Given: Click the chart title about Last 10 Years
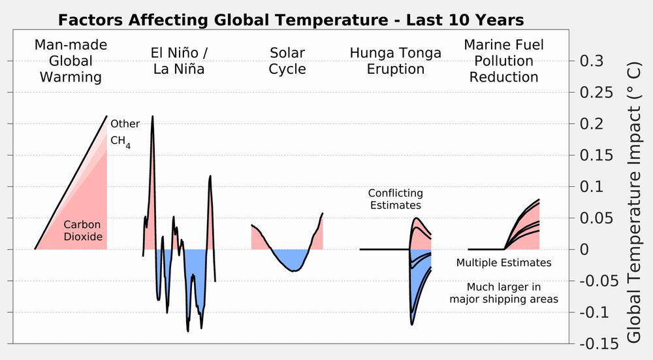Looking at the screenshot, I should pos(291,20).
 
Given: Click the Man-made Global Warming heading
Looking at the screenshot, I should pos(71,61).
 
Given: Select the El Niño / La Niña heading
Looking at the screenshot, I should pos(179,60).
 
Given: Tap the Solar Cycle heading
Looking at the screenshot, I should pos(287,60).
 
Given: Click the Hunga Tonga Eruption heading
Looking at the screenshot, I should pos(396,60).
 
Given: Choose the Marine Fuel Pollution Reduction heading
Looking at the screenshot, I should pos(503,61).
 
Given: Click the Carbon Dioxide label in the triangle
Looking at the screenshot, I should pos(83,231).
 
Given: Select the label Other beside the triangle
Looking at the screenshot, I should pos(125,123).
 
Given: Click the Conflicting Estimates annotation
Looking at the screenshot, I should pos(395,199).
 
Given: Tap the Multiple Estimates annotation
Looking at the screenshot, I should pos(503,263).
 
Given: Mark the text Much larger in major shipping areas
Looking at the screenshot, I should pos(503,293).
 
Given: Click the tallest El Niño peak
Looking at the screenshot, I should pos(152,118).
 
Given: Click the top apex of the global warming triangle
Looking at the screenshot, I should pos(106,116).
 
